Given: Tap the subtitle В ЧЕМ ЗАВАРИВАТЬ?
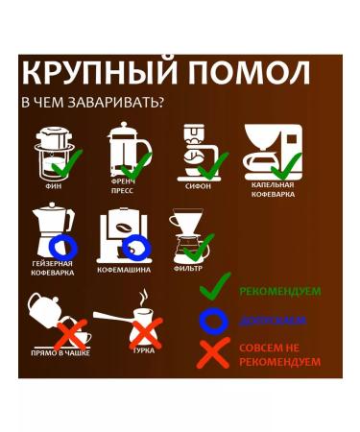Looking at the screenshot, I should pyautogui.click(x=92, y=103).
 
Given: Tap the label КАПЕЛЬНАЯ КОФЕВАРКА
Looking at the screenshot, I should pyautogui.click(x=273, y=190).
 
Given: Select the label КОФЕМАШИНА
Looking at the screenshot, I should pyautogui.click(x=124, y=271).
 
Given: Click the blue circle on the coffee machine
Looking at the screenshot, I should pyautogui.click(x=138, y=247).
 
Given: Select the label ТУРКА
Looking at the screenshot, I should pyautogui.click(x=143, y=352).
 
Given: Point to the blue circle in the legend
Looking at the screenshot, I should pyautogui.click(x=214, y=320).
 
